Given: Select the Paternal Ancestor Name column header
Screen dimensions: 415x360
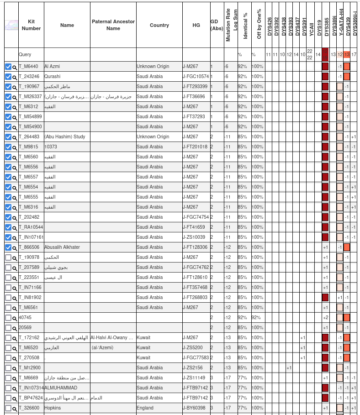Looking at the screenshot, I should coord(113,25).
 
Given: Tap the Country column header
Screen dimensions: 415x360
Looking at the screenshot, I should coord(159,25).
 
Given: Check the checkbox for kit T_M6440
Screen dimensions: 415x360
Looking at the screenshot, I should coord(8,67).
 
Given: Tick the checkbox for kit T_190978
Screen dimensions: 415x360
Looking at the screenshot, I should coord(8,257).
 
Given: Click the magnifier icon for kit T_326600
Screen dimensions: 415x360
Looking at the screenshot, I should coord(15,408).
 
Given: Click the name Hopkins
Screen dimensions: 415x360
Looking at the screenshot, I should coord(53,408).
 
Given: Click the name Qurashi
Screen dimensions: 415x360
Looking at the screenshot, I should coord(52,77).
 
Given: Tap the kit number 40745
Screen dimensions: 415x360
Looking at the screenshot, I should coord(25,318).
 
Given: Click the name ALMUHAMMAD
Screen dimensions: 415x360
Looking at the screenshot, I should coord(61,388).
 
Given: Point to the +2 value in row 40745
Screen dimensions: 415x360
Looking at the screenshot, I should coord(325,318).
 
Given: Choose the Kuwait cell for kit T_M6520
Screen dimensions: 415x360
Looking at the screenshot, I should coord(143,348).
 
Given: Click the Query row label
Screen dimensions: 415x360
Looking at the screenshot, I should coord(25,55).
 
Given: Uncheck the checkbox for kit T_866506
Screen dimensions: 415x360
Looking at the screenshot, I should coord(8,247).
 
